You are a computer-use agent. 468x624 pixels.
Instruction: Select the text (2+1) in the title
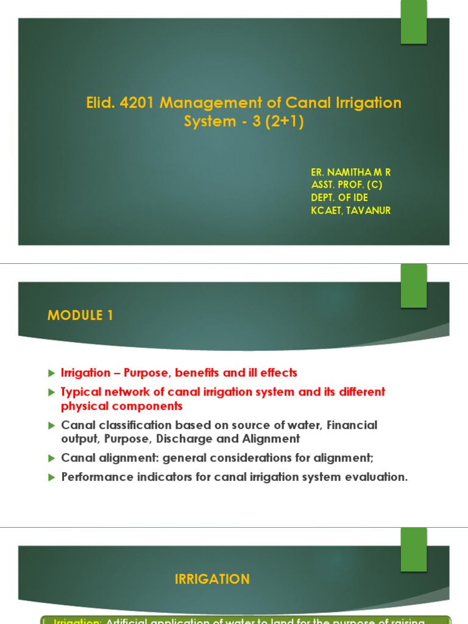[x=281, y=122]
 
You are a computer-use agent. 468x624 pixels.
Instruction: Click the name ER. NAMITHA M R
[x=350, y=172]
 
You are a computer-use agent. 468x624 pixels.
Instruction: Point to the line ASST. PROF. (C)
[x=347, y=185]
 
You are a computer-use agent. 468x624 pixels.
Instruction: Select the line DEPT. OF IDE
[x=339, y=198]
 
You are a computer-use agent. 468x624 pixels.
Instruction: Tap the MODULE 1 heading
[x=80, y=316]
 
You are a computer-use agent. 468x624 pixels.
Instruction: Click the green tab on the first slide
[x=414, y=22]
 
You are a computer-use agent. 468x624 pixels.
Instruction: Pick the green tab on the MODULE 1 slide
[x=414, y=286]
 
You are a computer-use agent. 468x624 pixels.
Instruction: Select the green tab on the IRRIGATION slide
[x=414, y=550]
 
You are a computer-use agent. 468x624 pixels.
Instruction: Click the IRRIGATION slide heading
[x=212, y=580]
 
